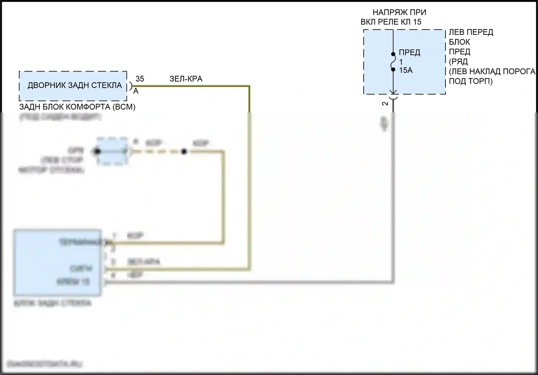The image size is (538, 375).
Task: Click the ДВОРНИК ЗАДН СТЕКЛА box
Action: [73, 86]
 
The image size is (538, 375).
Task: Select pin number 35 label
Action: [140, 79]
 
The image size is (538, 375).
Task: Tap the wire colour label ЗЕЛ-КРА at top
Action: [186, 79]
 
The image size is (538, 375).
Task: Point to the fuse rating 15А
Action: [406, 70]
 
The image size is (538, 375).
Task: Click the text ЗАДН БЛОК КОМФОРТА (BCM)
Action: [77, 107]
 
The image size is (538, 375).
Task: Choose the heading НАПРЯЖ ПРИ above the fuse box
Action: [399, 12]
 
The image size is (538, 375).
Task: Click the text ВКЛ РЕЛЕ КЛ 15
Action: [391, 22]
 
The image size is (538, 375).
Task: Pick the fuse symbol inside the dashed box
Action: [393, 61]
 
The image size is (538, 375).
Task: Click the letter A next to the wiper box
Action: [136, 91]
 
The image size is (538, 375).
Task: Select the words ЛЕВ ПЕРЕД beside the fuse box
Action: [471, 32]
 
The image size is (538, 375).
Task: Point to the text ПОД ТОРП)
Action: [471, 81]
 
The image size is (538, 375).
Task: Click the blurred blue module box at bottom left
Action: [57, 262]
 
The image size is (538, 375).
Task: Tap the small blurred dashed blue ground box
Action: [112, 151]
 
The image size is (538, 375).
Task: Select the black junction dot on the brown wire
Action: [184, 152]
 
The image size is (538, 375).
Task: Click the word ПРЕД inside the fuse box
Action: [409, 52]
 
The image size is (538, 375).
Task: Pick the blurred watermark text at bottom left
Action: [44, 364]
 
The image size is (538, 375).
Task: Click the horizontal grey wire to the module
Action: [251, 282]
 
